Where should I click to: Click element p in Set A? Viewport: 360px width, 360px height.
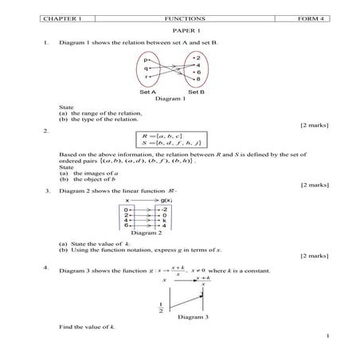click(x=147, y=59)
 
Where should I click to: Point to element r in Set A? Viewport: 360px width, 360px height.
click(x=147, y=78)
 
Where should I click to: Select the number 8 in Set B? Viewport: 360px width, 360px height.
click(x=197, y=80)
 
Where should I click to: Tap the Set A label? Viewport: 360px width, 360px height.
click(x=147, y=92)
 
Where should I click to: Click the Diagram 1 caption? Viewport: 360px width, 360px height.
click(x=170, y=99)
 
